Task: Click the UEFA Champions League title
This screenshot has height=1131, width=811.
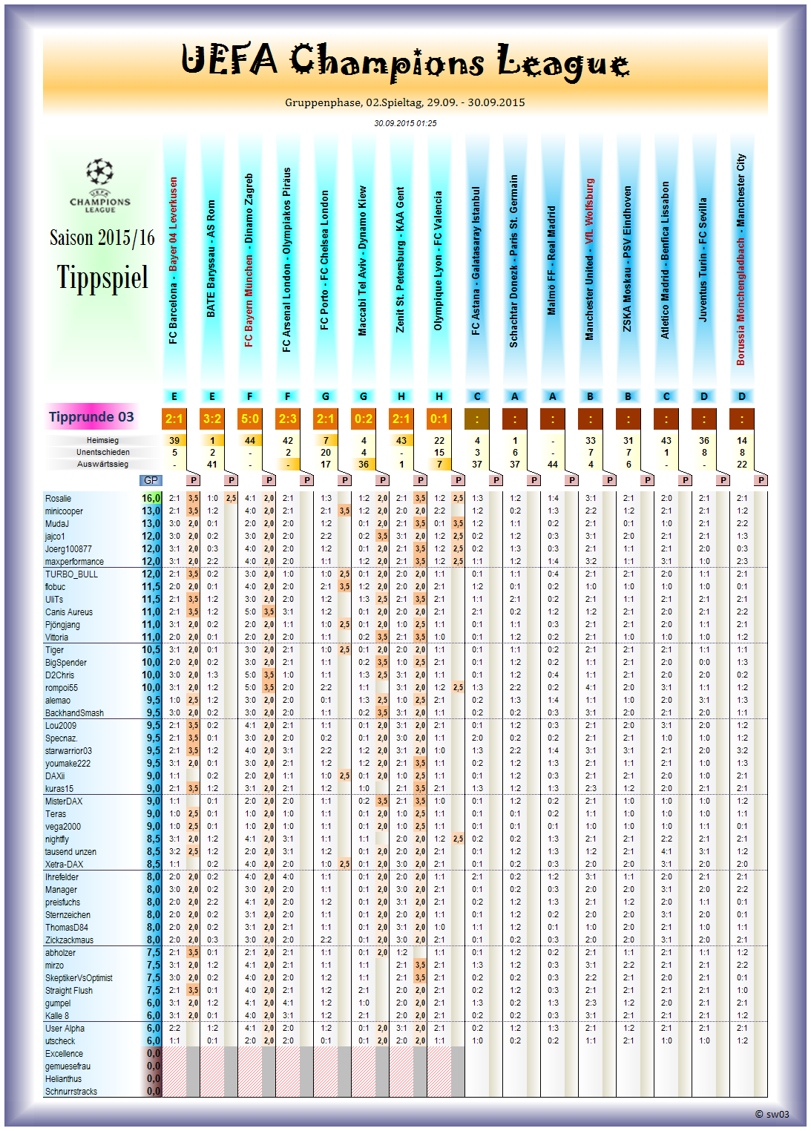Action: click(405, 61)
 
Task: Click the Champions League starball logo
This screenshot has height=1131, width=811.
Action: click(99, 172)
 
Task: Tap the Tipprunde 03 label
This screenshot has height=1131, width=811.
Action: click(91, 417)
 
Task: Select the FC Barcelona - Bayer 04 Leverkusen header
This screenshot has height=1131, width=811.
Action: click(174, 260)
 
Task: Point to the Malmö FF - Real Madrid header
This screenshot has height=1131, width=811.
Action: click(552, 260)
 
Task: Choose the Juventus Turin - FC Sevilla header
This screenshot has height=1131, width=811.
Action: click(703, 260)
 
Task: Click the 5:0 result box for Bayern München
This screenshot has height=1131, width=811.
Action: click(250, 419)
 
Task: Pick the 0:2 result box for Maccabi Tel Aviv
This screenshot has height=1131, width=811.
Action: click(364, 419)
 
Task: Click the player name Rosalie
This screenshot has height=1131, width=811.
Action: click(59, 499)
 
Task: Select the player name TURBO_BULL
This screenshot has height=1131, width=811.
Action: click(71, 574)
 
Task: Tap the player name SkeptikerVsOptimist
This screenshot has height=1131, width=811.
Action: click(79, 978)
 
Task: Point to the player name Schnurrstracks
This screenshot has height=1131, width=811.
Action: click(71, 1092)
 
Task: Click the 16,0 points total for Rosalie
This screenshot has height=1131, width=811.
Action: click(151, 499)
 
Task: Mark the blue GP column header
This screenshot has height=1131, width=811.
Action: click(151, 480)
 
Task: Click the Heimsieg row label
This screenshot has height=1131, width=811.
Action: click(102, 440)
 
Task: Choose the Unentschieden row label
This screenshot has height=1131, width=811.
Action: click(102, 452)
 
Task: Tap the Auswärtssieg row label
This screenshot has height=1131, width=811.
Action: click(102, 464)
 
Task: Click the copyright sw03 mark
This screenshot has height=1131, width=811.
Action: click(772, 1114)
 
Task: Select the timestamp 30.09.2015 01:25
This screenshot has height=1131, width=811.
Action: click(405, 123)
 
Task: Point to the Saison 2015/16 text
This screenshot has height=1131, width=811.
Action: click(102, 237)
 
